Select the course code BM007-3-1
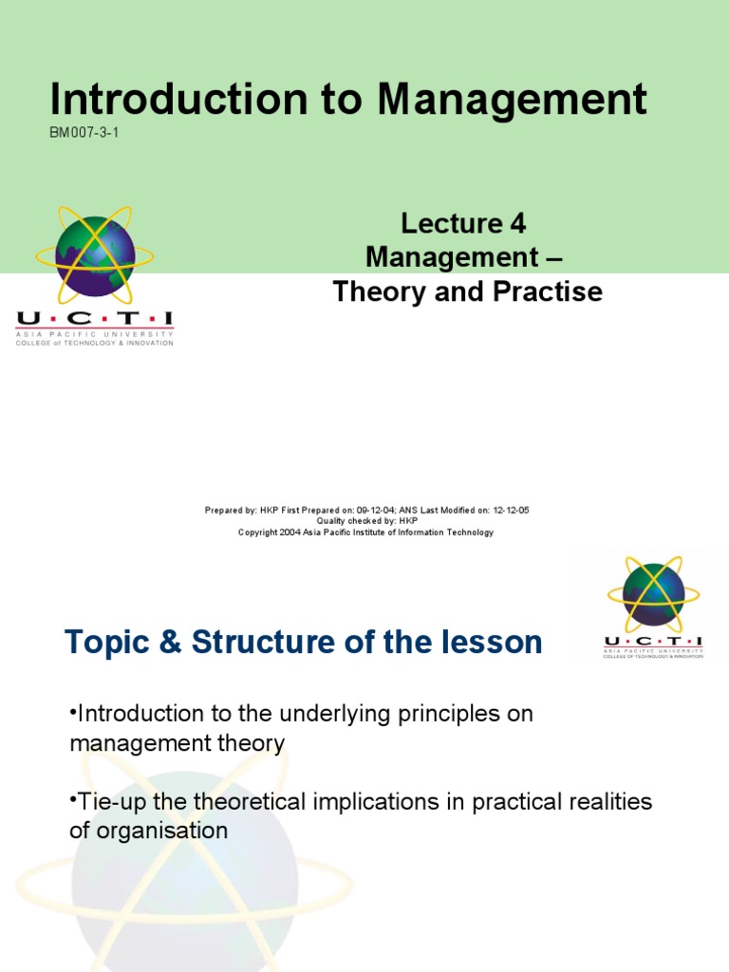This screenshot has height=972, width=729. (84, 132)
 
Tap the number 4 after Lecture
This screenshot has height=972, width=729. (517, 224)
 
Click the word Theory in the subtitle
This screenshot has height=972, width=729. (378, 291)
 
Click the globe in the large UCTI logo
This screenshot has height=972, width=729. (94, 254)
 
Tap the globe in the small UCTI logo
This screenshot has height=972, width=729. (653, 594)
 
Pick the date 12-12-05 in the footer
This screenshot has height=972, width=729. (511, 511)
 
